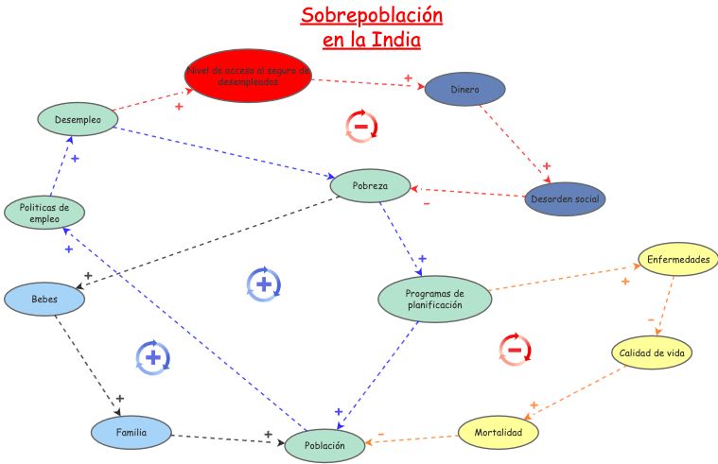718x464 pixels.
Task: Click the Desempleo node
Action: (x=78, y=119)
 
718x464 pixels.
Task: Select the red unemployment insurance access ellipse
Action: (x=248, y=76)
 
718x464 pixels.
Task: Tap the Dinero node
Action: (x=464, y=90)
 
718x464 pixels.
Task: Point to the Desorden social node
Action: (x=564, y=199)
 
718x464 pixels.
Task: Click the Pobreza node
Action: (x=371, y=185)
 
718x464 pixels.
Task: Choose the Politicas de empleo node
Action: (x=44, y=213)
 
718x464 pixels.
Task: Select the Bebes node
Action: (x=44, y=299)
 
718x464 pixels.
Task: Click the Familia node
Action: (x=131, y=432)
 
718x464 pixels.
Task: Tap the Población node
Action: (x=324, y=445)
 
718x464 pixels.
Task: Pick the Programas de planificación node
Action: (x=434, y=299)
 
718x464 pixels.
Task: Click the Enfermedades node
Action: (x=677, y=259)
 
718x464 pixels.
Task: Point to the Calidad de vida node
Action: (x=652, y=352)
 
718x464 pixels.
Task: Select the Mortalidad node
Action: (x=499, y=432)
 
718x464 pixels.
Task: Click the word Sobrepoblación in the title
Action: (x=371, y=16)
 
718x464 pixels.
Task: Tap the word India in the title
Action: (x=398, y=41)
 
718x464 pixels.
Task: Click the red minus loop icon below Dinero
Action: (x=360, y=126)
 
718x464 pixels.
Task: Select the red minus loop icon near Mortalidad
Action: (x=515, y=349)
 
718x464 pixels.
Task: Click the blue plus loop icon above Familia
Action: (x=152, y=356)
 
